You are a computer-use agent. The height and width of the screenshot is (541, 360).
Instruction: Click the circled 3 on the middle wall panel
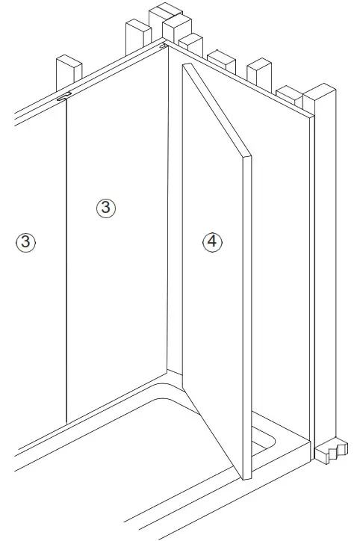(106, 208)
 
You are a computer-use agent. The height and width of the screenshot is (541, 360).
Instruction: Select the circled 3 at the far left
(26, 241)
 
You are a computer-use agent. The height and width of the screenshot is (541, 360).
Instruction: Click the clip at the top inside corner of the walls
(162, 46)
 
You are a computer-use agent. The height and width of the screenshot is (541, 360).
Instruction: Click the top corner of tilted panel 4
(187, 66)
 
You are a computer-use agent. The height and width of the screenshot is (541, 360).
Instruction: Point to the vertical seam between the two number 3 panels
(67, 262)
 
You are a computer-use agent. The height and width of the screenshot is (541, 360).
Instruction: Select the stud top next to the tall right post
(289, 95)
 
